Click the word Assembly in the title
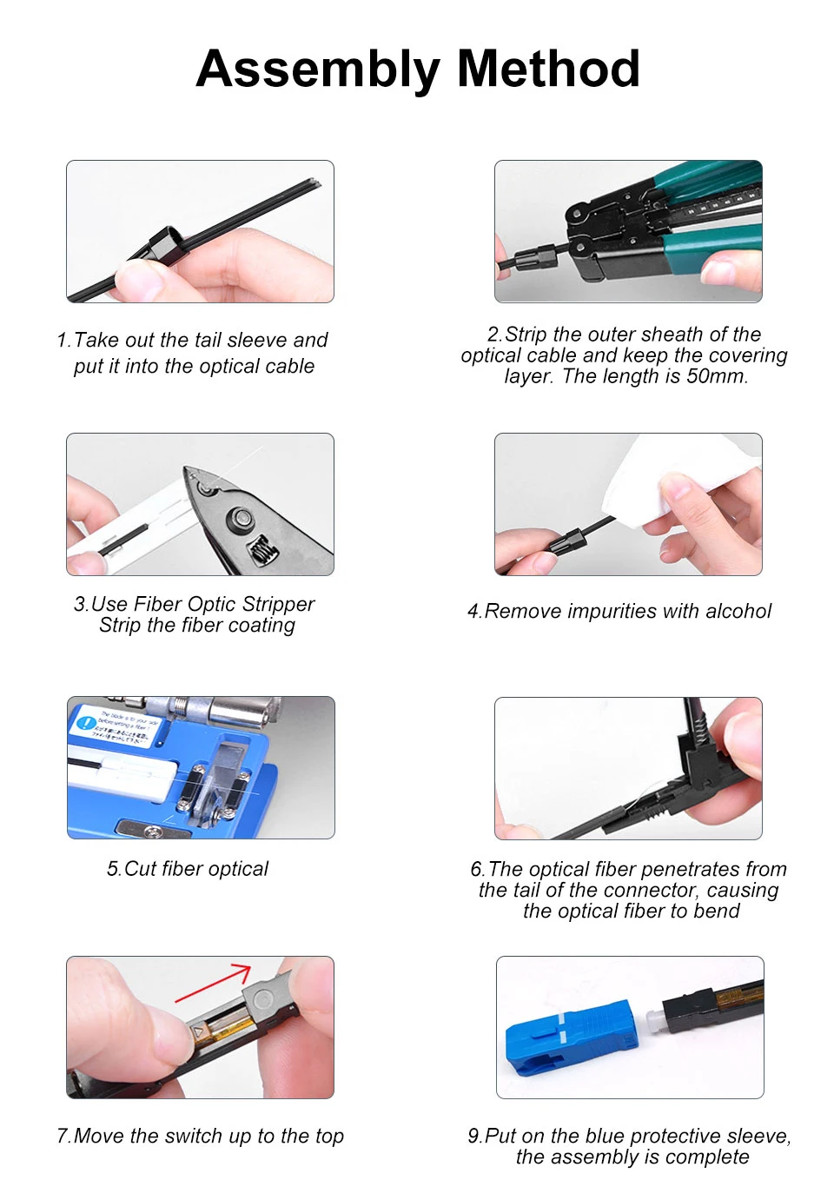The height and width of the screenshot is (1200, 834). pyautogui.click(x=318, y=70)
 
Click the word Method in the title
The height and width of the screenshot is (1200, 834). pyautogui.click(x=548, y=69)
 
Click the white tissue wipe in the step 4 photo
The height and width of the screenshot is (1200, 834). pyautogui.click(x=680, y=479)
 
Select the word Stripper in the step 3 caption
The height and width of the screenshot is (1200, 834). pyautogui.click(x=278, y=604)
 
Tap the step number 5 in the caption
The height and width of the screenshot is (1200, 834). pyautogui.click(x=112, y=869)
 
